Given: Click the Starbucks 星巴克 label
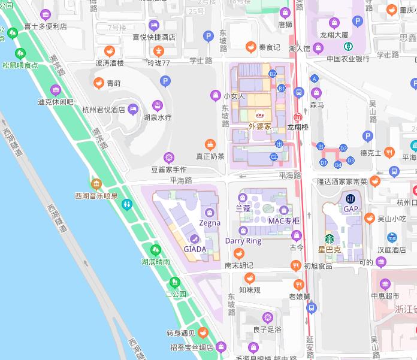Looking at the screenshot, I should [x=329, y=249].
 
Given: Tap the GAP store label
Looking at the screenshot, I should [x=350, y=209].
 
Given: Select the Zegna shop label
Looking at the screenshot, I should [x=210, y=223].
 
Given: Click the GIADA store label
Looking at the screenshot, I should [x=195, y=249].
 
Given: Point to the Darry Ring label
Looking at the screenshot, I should [x=243, y=241].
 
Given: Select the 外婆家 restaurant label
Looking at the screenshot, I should [x=259, y=126].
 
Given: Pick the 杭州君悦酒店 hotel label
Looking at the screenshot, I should [x=103, y=110].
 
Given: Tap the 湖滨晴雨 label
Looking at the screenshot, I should [x=155, y=262].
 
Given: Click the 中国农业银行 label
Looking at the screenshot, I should [x=347, y=59].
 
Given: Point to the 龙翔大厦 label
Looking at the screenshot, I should [x=335, y=35].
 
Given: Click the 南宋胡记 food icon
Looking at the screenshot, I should [x=239, y=253].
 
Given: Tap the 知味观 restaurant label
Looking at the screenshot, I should [x=249, y=289].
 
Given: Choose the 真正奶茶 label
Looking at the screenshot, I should [x=210, y=156].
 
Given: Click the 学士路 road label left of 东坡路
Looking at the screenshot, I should [x=201, y=61].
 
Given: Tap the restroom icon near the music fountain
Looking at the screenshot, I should [x=126, y=204].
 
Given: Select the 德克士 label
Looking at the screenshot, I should [x=370, y=153].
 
